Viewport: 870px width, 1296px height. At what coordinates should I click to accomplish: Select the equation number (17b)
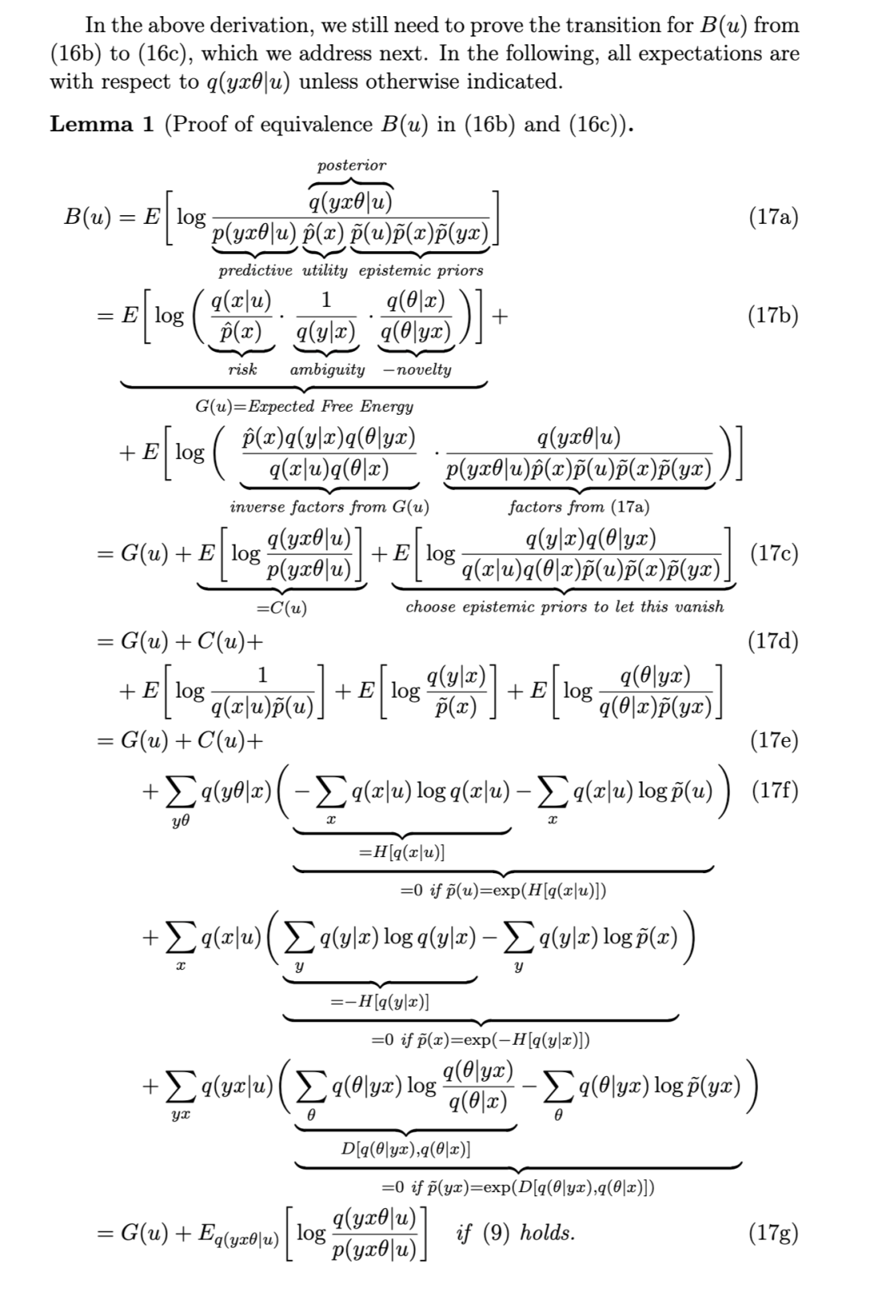pyautogui.click(x=773, y=315)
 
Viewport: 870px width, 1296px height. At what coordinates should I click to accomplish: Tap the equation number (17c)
pyautogui.click(x=773, y=553)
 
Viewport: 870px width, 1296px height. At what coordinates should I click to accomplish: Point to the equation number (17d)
pyautogui.click(x=773, y=641)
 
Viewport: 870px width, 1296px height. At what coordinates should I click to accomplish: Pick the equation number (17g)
pyautogui.click(x=773, y=1232)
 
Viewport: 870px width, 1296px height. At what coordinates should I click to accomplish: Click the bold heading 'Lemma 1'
pyautogui.click(x=101, y=124)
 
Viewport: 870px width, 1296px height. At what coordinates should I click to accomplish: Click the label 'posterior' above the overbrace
pyautogui.click(x=351, y=165)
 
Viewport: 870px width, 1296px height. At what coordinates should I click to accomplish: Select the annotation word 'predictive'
pyautogui.click(x=255, y=271)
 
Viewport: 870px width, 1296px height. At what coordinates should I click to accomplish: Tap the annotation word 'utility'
pyautogui.click(x=325, y=271)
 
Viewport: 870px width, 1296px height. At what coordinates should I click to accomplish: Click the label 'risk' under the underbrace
pyautogui.click(x=242, y=370)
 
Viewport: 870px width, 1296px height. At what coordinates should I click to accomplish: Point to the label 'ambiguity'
pyautogui.click(x=327, y=370)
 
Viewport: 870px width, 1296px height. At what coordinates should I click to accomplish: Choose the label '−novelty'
pyautogui.click(x=417, y=370)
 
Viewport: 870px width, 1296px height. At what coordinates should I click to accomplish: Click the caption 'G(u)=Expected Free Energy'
pyautogui.click(x=304, y=407)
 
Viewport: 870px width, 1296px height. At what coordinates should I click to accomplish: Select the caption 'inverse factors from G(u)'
pyautogui.click(x=329, y=507)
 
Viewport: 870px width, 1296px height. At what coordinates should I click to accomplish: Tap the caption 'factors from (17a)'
pyautogui.click(x=578, y=507)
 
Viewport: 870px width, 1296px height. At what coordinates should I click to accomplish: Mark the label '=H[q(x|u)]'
pyautogui.click(x=402, y=851)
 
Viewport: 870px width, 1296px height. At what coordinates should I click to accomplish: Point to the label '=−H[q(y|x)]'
pyautogui.click(x=379, y=1001)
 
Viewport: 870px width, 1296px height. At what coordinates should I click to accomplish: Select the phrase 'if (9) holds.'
pyautogui.click(x=516, y=1232)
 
